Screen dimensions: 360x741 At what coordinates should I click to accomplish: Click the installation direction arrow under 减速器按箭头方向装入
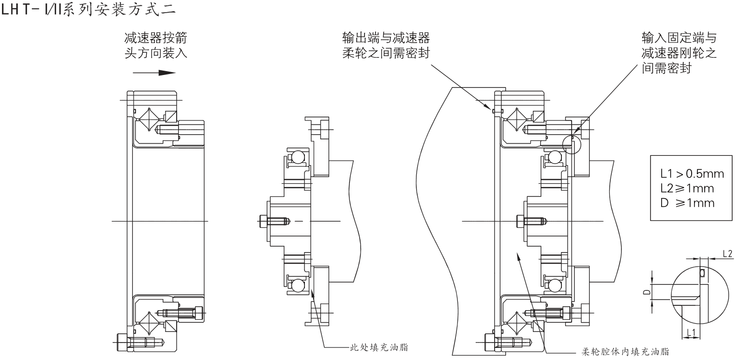pos(154,73)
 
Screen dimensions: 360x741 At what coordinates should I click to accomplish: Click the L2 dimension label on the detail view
pos(727,253)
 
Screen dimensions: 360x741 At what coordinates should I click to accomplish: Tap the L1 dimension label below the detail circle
pos(691,332)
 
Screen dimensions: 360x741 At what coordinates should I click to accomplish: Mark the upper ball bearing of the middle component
pos(296,157)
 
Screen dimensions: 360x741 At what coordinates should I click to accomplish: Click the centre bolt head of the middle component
pos(264,221)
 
